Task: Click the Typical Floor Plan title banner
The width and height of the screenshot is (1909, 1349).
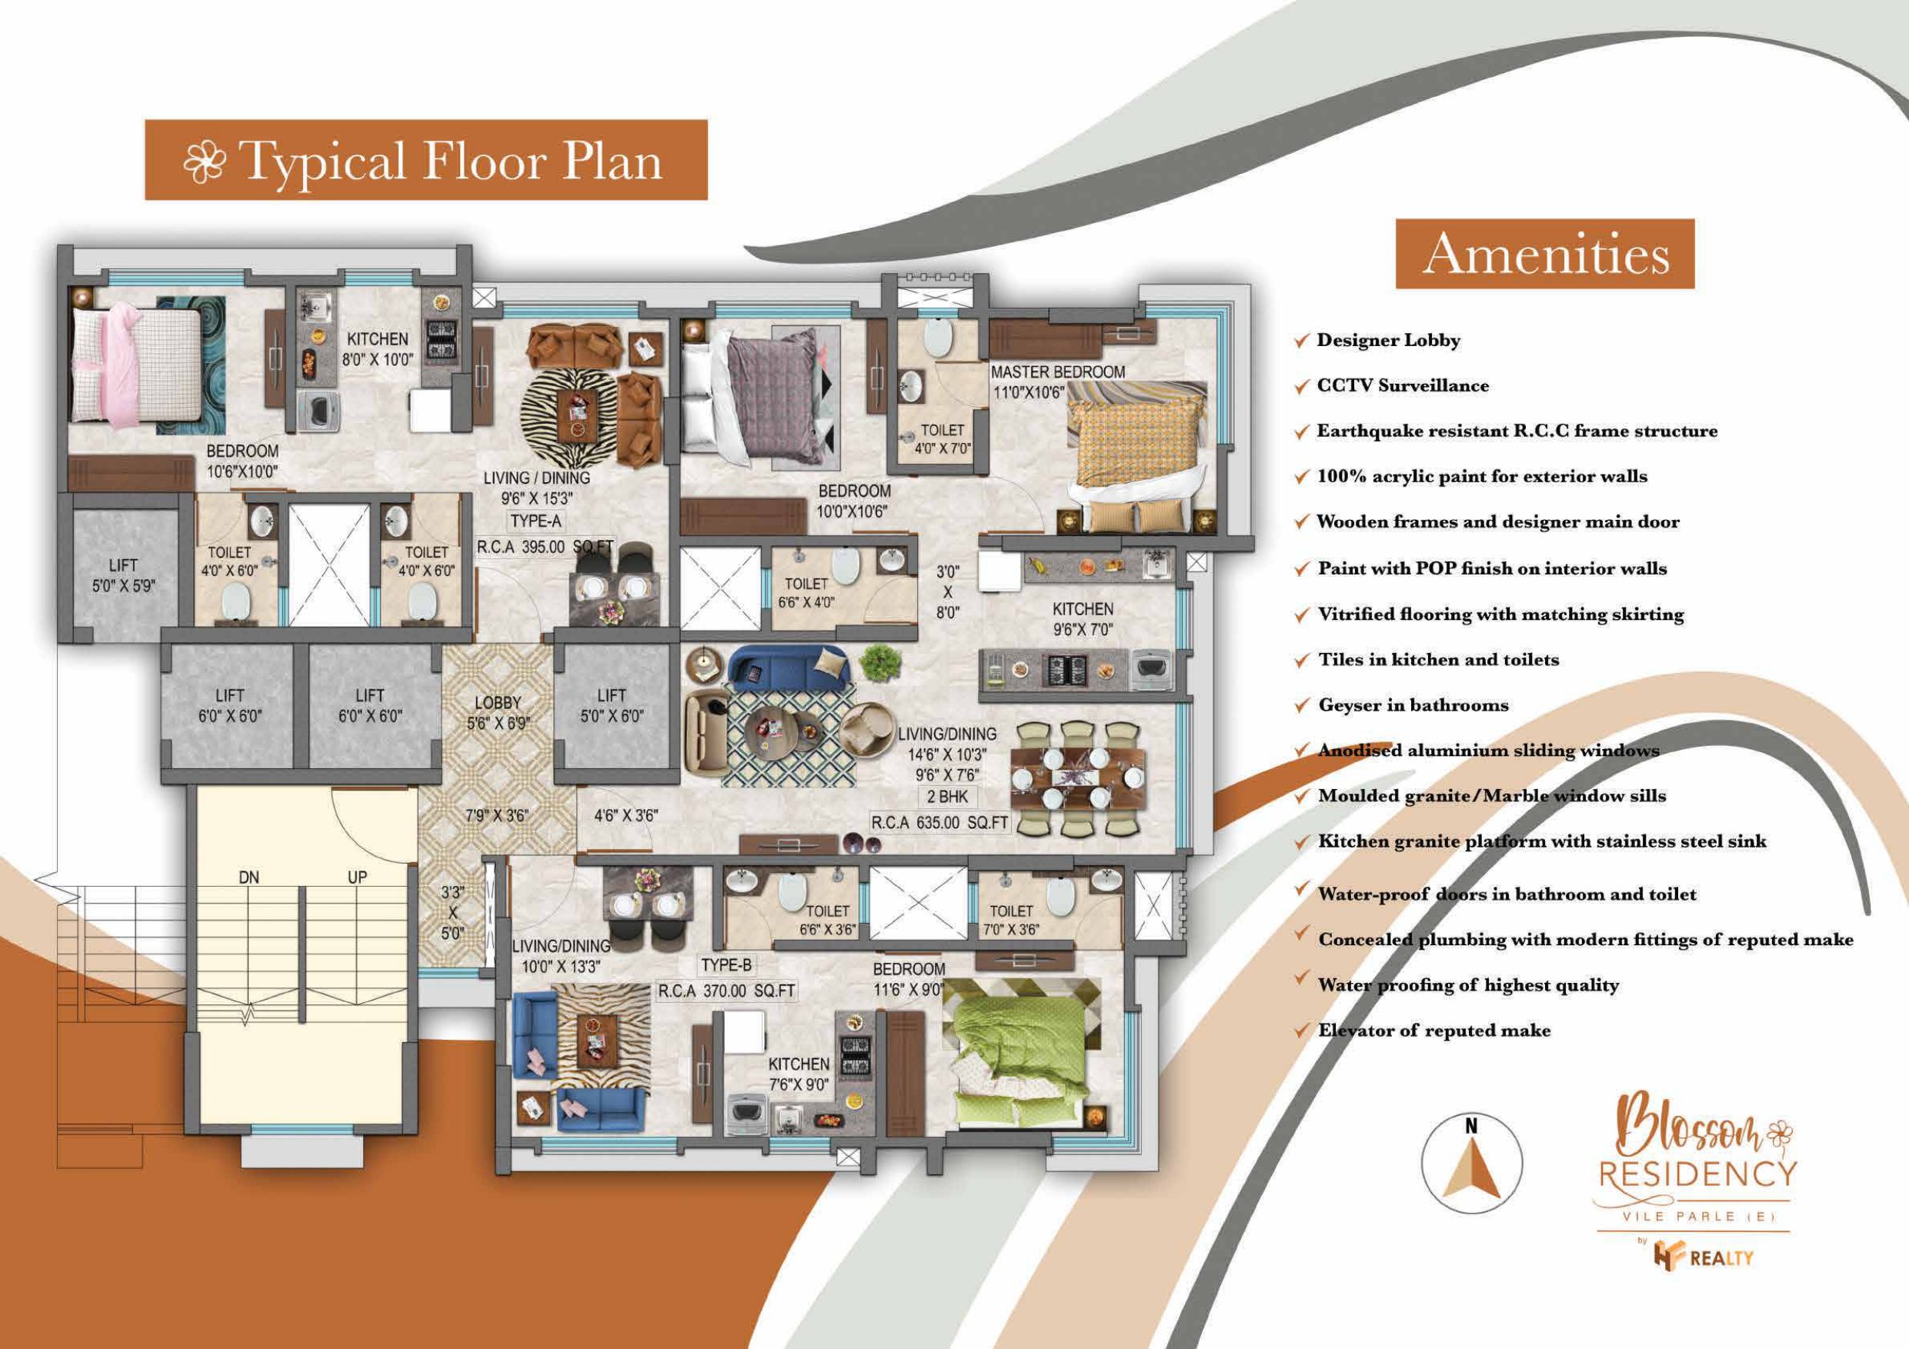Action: (426, 159)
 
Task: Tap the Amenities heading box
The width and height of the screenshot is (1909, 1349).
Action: (1545, 254)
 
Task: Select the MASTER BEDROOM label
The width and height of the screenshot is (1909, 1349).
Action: (1057, 372)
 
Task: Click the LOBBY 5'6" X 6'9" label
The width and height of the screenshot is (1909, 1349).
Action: (498, 713)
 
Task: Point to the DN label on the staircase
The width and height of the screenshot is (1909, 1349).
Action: (249, 878)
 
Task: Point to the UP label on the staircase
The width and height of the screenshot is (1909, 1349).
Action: (358, 878)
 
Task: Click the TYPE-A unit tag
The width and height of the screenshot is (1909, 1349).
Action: (536, 521)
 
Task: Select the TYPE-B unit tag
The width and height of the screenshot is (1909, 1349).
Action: (726, 965)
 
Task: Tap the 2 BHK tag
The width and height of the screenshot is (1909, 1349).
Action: (948, 796)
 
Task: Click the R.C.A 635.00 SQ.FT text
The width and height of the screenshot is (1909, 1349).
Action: (939, 823)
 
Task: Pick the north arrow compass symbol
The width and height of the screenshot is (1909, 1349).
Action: (1472, 1164)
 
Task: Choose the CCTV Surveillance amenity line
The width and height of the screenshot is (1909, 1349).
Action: (1403, 385)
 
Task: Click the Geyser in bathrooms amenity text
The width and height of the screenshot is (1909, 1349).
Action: (1413, 704)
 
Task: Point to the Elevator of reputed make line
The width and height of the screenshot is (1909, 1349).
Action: (1434, 1031)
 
